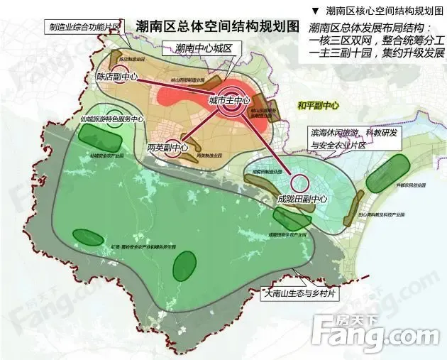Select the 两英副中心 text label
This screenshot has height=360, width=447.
pyautogui.click(x=168, y=148)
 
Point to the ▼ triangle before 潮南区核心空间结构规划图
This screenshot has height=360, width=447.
pyautogui.click(x=315, y=11)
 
